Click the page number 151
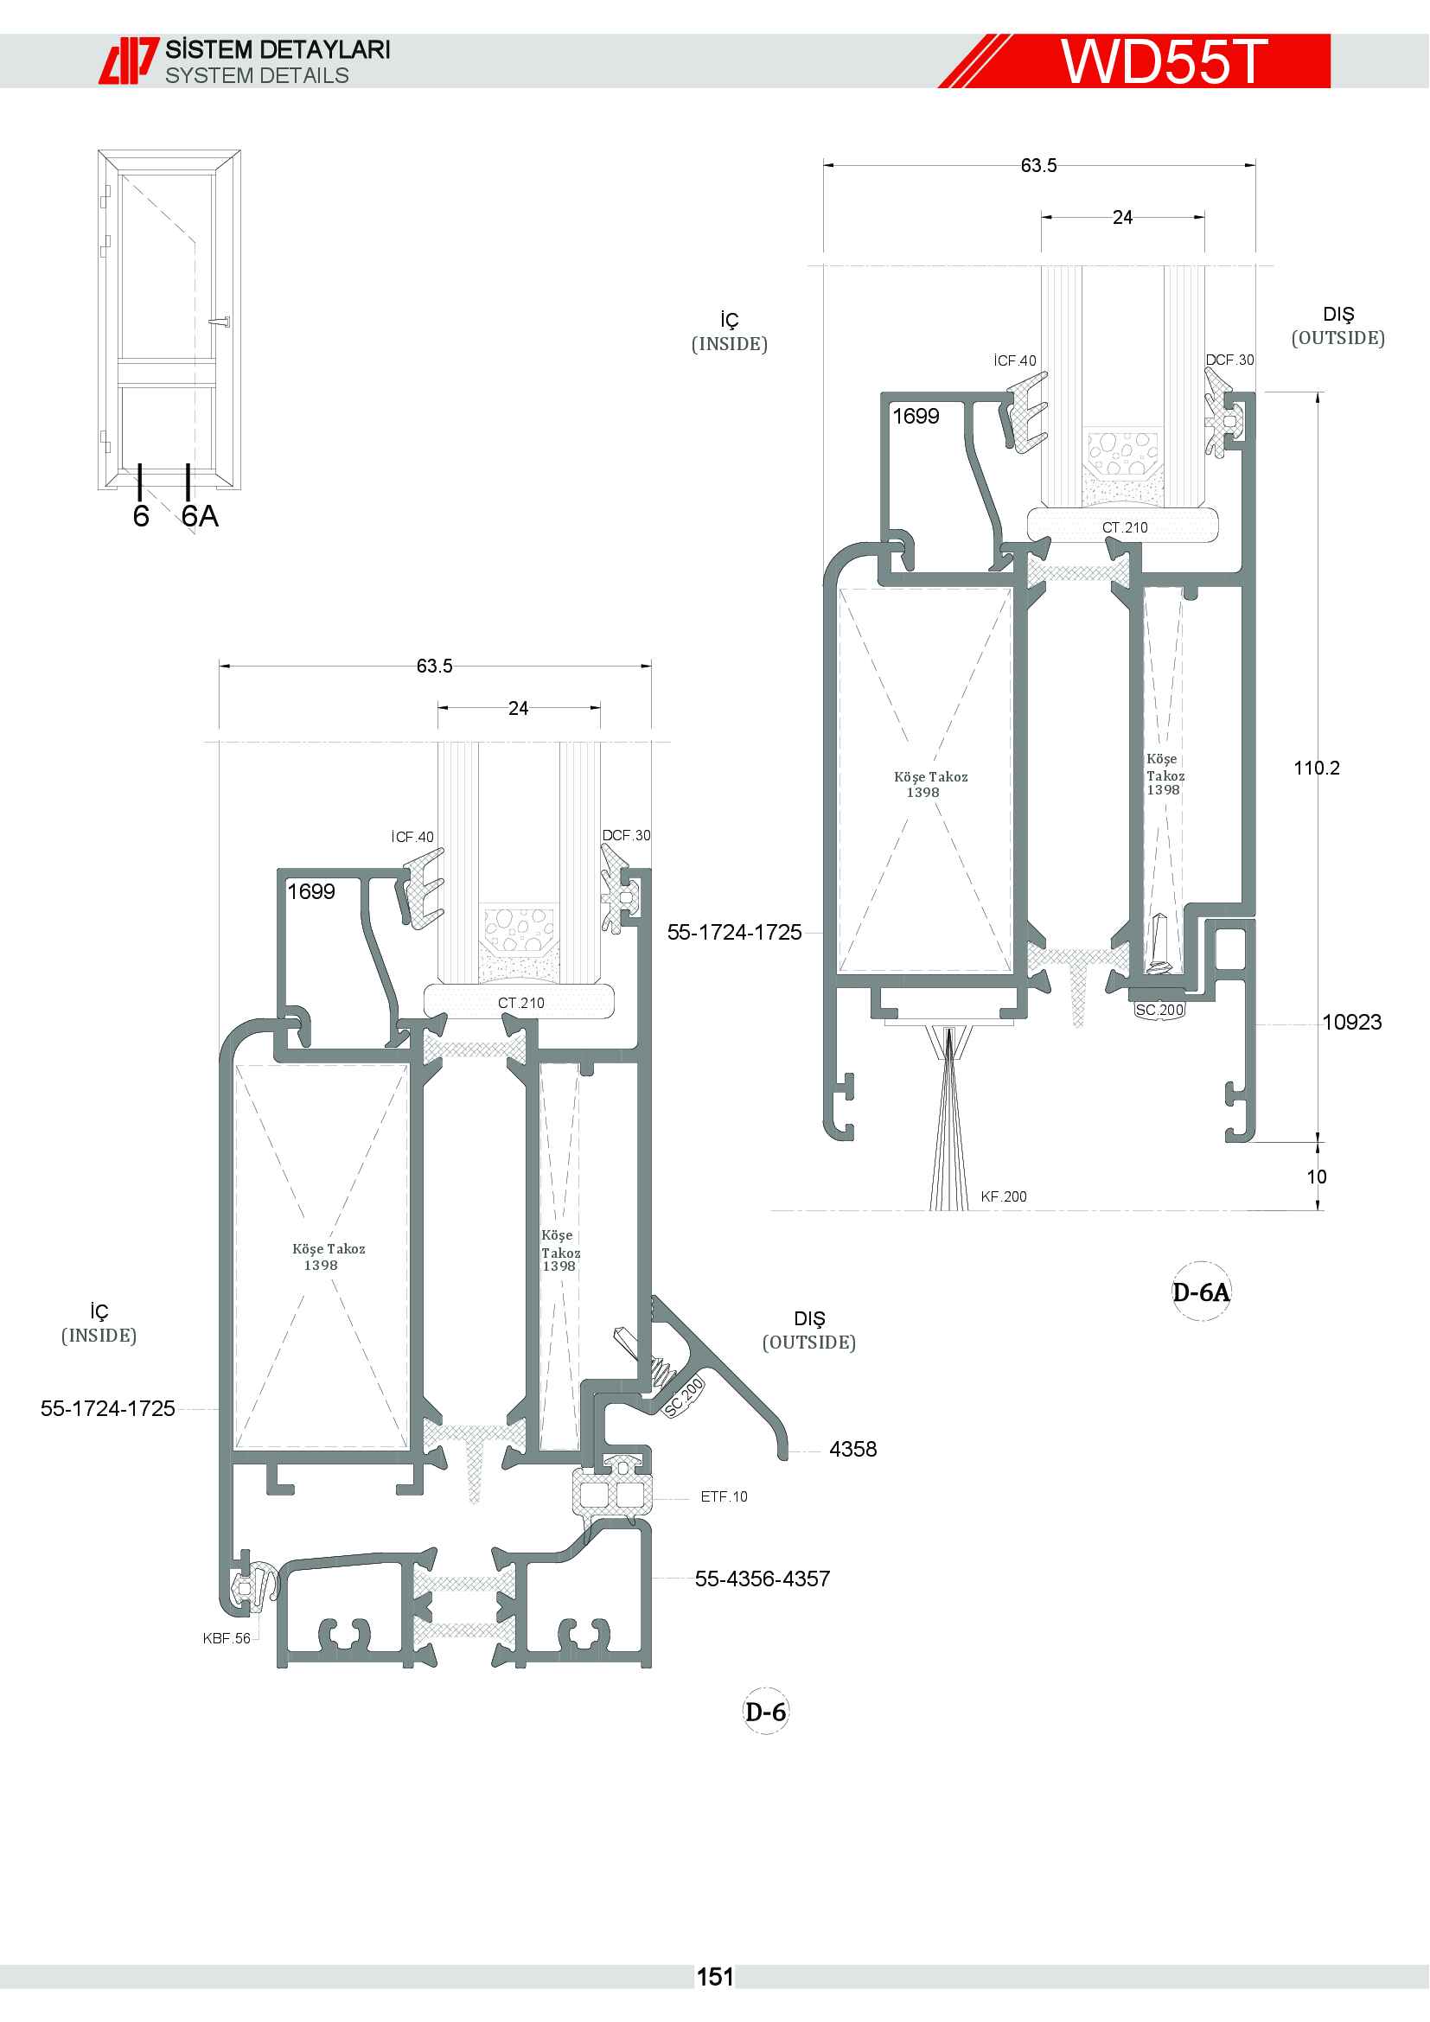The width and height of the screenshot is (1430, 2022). (715, 1977)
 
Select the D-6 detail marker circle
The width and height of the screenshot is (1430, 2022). (765, 1711)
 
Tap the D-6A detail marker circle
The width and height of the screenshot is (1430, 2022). (1201, 1292)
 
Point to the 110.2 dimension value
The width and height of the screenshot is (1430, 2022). (1317, 768)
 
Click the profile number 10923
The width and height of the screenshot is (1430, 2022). (1351, 1022)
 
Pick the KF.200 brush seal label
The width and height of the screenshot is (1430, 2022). (1004, 1196)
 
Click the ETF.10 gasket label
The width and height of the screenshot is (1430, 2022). (724, 1496)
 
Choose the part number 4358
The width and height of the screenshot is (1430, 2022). (852, 1449)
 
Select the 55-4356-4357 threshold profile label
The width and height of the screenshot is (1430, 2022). (763, 1579)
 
